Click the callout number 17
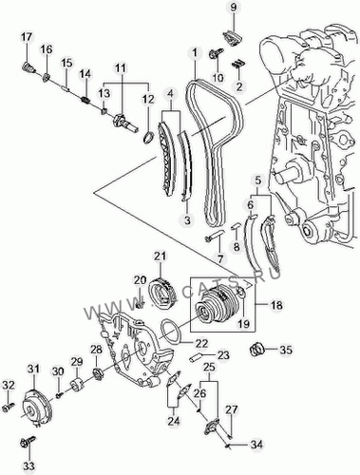tap(27, 37)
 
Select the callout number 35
tap(286, 350)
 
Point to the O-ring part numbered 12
tap(149, 138)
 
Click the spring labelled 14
tap(85, 100)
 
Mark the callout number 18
tap(276, 305)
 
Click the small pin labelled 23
tap(197, 358)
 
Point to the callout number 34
tap(256, 445)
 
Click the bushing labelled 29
tap(77, 384)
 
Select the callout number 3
tap(187, 219)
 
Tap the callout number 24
tap(174, 421)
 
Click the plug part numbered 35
tap(256, 350)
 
